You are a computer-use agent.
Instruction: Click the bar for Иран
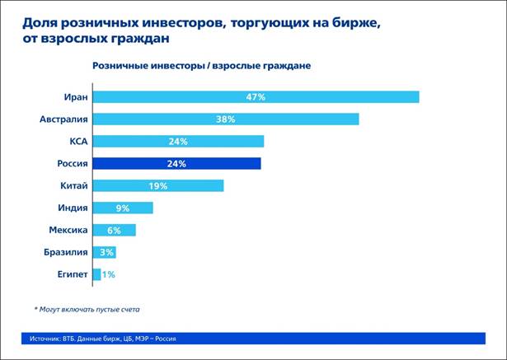tap(256, 97)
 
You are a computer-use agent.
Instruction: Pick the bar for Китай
tap(157, 185)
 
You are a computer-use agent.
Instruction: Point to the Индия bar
tap(123, 208)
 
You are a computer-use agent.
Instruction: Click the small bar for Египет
tap(96, 274)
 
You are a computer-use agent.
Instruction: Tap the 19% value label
tap(158, 185)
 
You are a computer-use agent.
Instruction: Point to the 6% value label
tap(114, 230)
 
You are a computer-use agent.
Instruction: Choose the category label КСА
tap(77, 142)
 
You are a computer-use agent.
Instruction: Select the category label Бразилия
tap(66, 252)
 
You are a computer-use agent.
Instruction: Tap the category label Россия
tap(70, 163)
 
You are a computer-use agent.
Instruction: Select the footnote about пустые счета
tap(87, 309)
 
